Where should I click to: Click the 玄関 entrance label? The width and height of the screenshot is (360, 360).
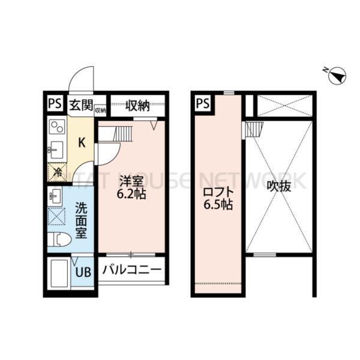point(80,106)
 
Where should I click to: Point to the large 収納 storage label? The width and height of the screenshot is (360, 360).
point(137,106)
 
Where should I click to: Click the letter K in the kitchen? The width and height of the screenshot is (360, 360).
point(80,143)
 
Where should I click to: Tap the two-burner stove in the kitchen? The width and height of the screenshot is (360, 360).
point(57,128)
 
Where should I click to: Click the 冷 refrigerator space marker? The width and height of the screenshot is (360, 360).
point(57,173)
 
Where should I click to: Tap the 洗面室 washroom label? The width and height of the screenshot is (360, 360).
point(81,220)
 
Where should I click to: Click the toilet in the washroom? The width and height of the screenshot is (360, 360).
point(59,239)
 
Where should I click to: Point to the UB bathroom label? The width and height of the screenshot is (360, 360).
point(83,271)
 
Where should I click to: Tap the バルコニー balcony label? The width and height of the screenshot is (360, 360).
point(131,270)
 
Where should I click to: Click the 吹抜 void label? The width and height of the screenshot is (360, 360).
point(279,187)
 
